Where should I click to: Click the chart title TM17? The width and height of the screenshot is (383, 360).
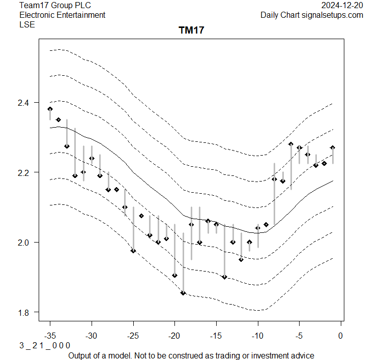point(191,31)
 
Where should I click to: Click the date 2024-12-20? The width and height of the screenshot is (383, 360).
point(343,5)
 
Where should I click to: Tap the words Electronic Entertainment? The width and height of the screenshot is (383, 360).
point(62,15)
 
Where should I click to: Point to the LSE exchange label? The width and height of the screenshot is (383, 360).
point(27,24)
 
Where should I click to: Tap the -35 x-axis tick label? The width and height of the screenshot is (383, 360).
point(50,336)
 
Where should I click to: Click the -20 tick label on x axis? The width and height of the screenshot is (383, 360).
point(174,336)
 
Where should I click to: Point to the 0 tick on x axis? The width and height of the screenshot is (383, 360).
point(341,336)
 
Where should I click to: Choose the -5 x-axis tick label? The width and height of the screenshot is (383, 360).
point(299,336)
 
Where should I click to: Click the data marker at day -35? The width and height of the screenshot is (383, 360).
point(50,109)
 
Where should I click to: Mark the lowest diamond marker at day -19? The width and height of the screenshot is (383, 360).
point(183,293)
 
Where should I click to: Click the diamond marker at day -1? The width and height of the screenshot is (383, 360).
point(333,148)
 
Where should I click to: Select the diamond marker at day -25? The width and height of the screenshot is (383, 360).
point(133,251)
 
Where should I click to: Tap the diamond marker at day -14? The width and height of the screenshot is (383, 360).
point(224,277)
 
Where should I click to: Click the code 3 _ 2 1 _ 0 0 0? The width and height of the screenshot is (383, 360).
point(45,345)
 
